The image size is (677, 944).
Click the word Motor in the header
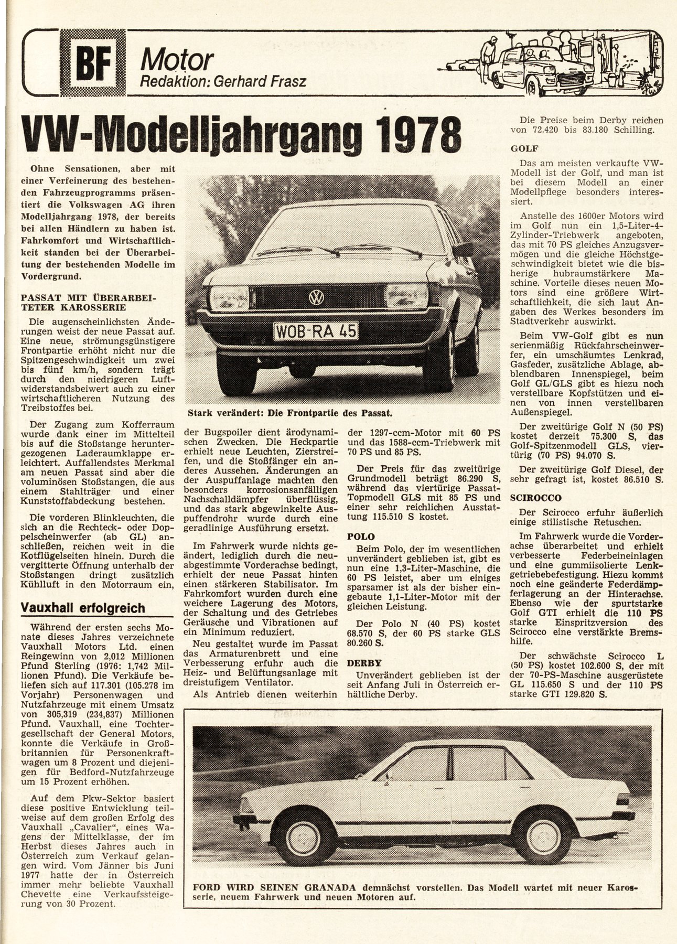point(177,60)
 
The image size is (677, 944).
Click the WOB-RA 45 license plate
point(315,331)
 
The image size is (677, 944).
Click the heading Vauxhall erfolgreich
point(82,608)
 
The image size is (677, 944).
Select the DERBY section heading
point(364,663)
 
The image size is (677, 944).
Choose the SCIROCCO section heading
point(536,497)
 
